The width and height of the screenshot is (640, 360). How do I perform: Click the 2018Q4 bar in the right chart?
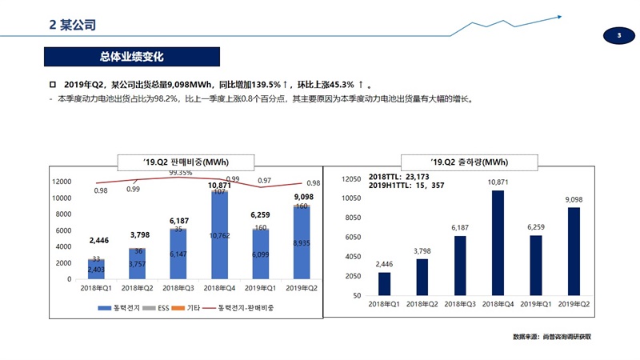[x=498, y=243]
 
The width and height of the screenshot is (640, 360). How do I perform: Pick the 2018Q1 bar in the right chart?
[x=385, y=284]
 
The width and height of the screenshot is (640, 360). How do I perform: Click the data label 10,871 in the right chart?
[x=498, y=182]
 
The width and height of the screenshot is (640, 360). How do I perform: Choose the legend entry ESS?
[x=157, y=308]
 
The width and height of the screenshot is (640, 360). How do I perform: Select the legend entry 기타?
[x=193, y=308]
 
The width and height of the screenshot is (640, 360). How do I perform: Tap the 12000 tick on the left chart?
[x=62, y=182]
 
